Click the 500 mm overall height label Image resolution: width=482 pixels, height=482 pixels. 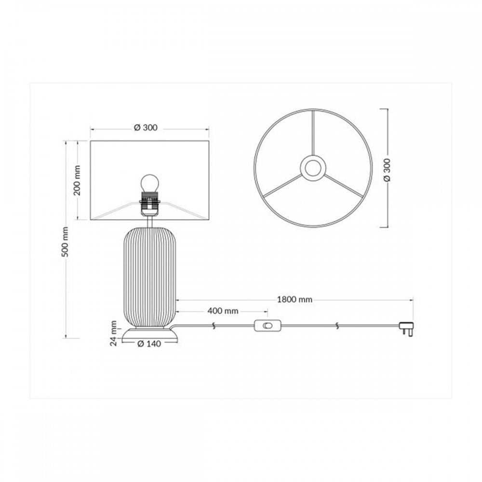65,241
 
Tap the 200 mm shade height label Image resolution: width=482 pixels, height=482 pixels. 77,180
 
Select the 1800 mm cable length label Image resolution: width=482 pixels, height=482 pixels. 295,299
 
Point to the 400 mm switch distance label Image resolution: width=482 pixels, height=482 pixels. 223,311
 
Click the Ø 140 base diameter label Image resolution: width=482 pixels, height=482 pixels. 149,344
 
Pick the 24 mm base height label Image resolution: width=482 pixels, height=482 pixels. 114,333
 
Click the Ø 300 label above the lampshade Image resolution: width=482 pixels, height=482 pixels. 146,128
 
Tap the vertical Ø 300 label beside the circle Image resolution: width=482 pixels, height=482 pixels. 387,170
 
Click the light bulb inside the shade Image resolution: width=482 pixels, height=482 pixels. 150,183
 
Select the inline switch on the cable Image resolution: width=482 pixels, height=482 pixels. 268,325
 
